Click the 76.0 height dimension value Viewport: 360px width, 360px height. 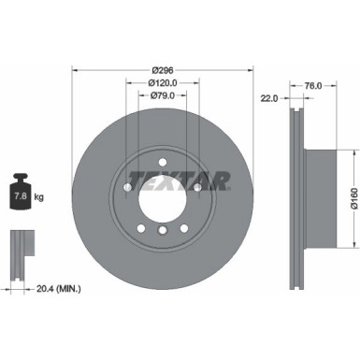click(314, 85)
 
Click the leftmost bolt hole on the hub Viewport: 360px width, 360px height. click(127, 188)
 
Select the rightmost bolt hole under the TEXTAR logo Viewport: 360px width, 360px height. click(198, 188)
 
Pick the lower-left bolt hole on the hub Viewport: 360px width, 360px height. click(140, 229)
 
